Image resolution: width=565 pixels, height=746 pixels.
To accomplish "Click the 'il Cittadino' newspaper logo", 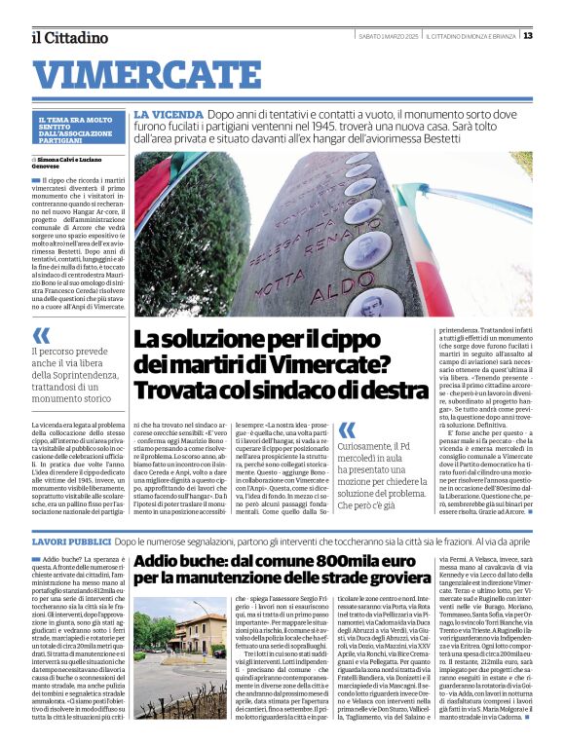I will tap(69, 37).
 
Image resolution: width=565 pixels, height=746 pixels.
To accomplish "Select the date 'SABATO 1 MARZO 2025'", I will tap(387, 36).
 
